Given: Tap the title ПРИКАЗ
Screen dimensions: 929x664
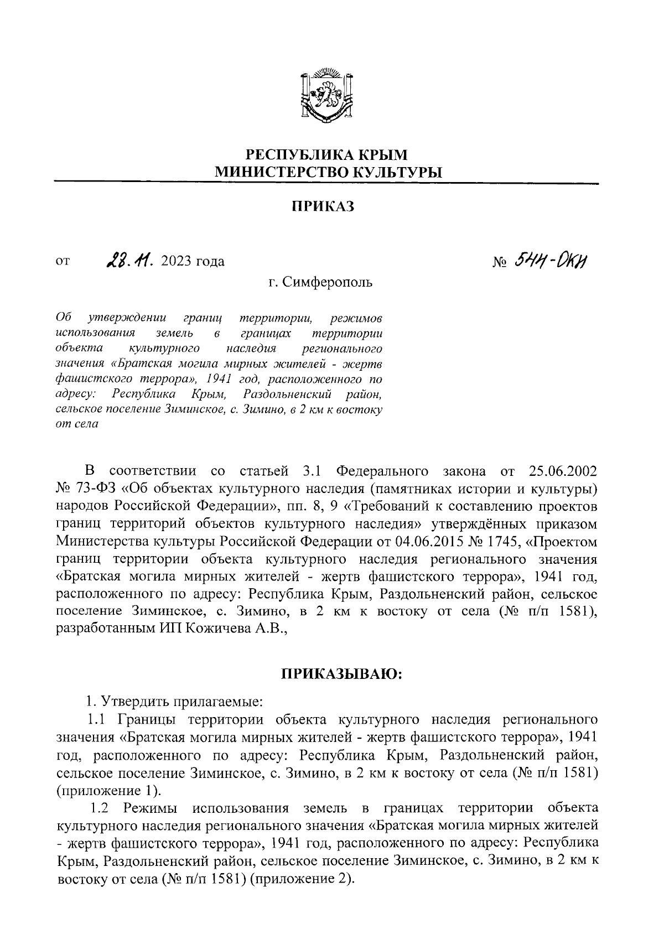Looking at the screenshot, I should point(321,206).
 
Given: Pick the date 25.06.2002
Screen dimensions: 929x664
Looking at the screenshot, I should point(563,471).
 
